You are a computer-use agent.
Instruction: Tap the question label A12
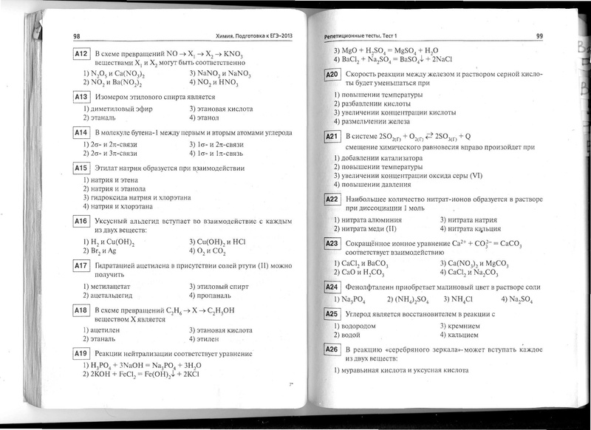click(81, 55)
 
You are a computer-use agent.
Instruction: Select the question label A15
click(81, 168)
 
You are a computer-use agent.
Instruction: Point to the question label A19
click(81, 354)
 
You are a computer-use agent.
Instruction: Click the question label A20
click(332, 75)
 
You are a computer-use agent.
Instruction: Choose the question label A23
click(332, 242)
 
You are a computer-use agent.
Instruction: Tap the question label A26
click(332, 348)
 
